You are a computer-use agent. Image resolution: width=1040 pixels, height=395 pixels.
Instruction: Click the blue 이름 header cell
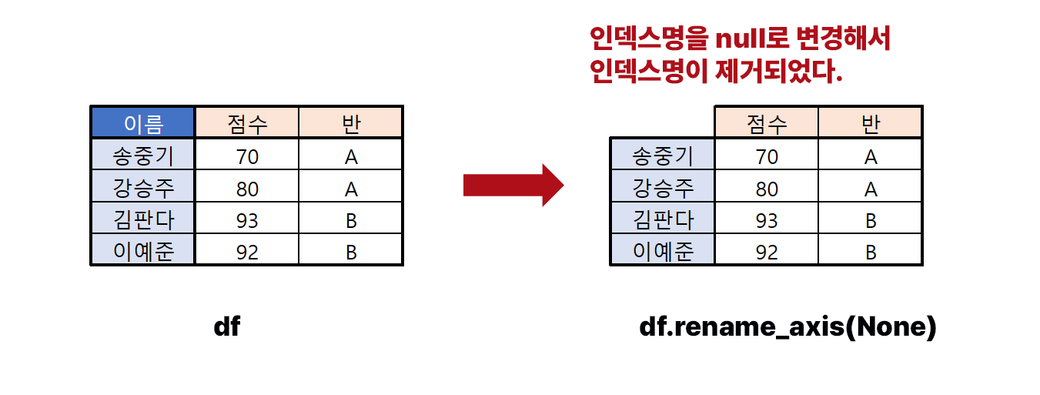pyautogui.click(x=142, y=123)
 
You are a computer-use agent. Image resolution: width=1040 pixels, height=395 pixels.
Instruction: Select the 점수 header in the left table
pyautogui.click(x=247, y=123)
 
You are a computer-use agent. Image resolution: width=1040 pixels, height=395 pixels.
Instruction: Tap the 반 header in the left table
pyautogui.click(x=351, y=123)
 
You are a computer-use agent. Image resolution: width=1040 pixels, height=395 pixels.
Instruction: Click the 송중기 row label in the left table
pyautogui.click(x=142, y=156)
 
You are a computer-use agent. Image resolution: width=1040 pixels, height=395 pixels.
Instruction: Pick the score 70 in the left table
pyautogui.click(x=247, y=157)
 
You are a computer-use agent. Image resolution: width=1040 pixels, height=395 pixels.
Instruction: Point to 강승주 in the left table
pyautogui.click(x=142, y=189)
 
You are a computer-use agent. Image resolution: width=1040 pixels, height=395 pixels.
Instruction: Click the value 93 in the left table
pyautogui.click(x=247, y=221)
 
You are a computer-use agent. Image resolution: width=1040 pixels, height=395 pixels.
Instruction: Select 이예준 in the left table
pyautogui.click(x=142, y=252)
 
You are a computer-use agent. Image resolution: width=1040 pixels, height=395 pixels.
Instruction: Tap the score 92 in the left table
pyautogui.click(x=247, y=253)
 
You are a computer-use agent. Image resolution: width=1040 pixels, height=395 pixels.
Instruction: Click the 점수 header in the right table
pyautogui.click(x=767, y=123)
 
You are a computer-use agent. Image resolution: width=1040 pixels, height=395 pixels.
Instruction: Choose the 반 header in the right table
pyautogui.click(x=871, y=123)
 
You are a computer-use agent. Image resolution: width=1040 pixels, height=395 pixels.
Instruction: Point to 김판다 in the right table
pyautogui.click(x=662, y=221)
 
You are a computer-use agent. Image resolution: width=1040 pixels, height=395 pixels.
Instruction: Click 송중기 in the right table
pyautogui.click(x=662, y=156)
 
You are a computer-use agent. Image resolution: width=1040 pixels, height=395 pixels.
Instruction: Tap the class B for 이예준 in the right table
pyautogui.click(x=871, y=253)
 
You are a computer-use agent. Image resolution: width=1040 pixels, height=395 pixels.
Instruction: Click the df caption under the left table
pyautogui.click(x=227, y=327)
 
